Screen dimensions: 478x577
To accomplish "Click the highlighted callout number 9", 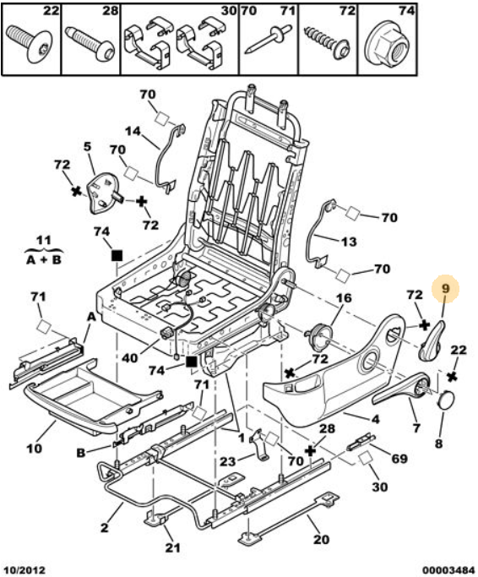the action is click(446, 288).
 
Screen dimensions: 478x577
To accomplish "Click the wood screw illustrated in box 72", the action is click(327, 43).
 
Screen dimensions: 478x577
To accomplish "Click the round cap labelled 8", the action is click(446, 399).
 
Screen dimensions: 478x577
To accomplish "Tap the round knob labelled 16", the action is click(318, 337).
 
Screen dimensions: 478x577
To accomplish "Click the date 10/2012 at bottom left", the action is click(24, 570).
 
